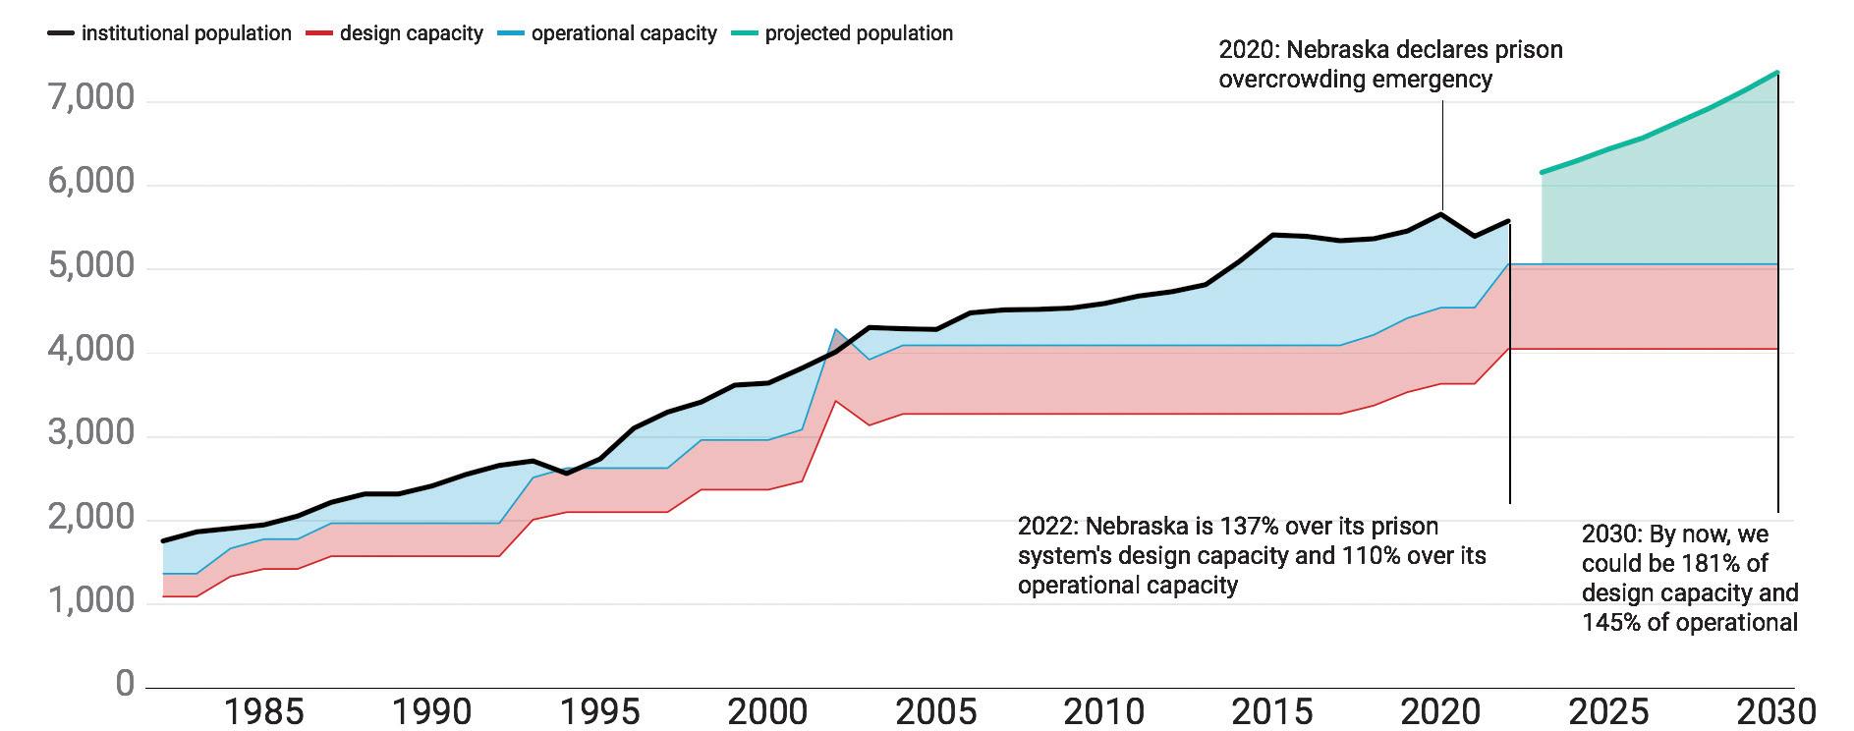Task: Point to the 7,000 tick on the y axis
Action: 91,98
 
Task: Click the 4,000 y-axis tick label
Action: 91,350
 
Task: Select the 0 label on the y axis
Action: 125,684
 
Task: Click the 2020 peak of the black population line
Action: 1441,214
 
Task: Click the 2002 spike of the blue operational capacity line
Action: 836,330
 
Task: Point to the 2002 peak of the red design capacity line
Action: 836,401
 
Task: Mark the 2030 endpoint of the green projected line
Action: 1777,73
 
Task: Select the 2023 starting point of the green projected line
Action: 1542,173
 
